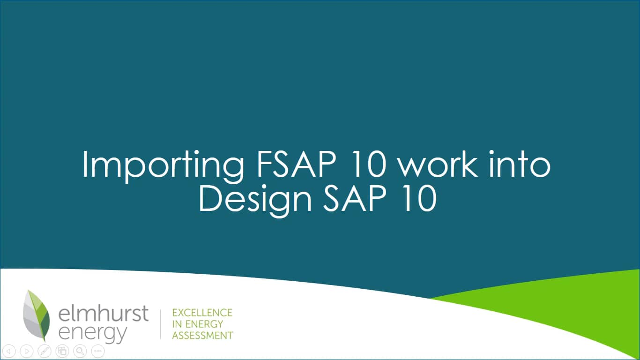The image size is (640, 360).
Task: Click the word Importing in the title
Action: [162, 165]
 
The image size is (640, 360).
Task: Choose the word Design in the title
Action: [255, 200]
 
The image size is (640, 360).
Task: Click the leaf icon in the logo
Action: [37, 315]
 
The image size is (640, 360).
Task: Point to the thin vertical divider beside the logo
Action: [161, 324]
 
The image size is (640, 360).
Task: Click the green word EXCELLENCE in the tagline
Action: [202, 313]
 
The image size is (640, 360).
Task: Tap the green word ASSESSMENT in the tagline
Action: [202, 335]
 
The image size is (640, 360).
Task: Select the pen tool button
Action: [45, 351]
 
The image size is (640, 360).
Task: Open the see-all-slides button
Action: [62, 351]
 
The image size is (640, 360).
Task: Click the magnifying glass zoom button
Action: [80, 351]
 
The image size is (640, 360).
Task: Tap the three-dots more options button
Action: [97, 351]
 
